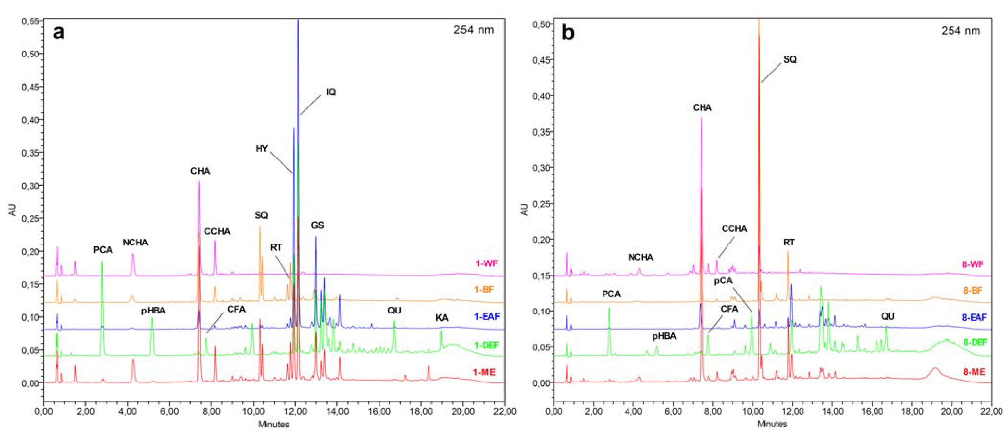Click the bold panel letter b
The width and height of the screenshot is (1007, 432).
coord(568,33)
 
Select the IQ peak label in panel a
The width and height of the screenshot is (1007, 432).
coord(331,92)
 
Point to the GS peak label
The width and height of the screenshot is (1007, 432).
coord(317,225)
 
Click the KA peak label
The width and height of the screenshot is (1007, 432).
coord(442,318)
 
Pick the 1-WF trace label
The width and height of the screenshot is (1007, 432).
coord(486,263)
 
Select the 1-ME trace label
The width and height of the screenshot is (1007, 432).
coord(484,372)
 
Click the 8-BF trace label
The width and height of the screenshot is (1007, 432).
coord(972,290)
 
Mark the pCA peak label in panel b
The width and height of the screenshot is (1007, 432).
coord(723,281)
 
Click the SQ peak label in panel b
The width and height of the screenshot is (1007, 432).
coord(790,60)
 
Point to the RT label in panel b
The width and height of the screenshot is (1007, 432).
coord(789,242)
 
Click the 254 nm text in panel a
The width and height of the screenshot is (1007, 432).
coord(473,30)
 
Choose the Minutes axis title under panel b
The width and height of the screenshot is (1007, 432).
coord(772,424)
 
